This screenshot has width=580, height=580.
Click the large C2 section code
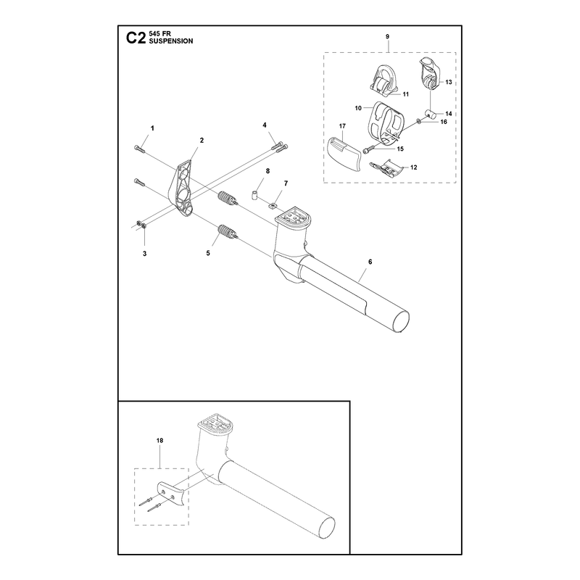click(136, 38)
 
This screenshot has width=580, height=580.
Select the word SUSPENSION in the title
click(171, 41)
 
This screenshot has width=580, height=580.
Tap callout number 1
click(152, 128)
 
